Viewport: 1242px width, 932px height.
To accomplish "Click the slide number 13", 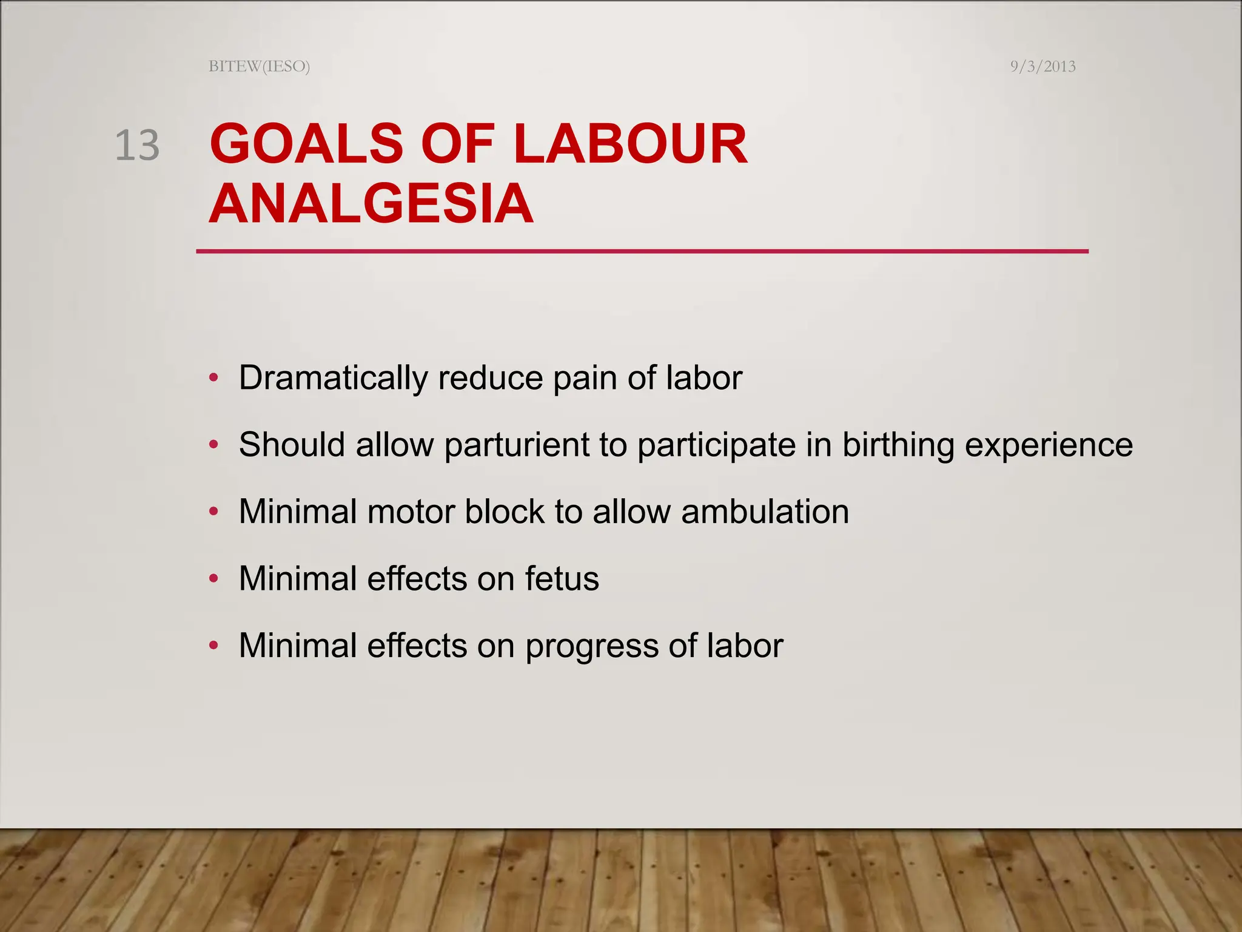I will (x=137, y=146).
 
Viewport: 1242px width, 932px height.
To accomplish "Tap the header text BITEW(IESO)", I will (x=259, y=66).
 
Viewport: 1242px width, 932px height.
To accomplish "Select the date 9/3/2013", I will (x=1042, y=66).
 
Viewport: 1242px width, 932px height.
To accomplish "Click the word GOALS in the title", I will (x=306, y=144).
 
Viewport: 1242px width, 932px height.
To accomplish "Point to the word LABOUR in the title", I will (x=630, y=144).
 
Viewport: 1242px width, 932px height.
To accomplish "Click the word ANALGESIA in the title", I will (x=371, y=204).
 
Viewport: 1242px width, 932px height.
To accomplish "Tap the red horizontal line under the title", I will (x=642, y=251).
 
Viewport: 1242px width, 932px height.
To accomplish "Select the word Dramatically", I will (x=333, y=378).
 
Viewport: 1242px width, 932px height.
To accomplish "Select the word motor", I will (x=411, y=512).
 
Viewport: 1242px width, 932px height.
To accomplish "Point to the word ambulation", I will (x=765, y=512).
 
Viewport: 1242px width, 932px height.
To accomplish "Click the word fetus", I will (x=562, y=578).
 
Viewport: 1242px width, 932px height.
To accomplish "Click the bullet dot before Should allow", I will (x=213, y=445).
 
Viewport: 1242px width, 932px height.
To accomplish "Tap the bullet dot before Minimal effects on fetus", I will (x=213, y=579).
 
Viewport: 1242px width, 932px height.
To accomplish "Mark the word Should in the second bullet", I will (x=292, y=445).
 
